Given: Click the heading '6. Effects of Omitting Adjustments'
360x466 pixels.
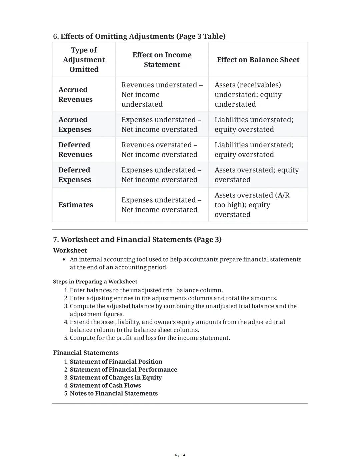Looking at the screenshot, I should pyautogui.click(x=139, y=36).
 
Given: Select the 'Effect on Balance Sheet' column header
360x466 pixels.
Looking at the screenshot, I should pyautogui.click(x=258, y=60).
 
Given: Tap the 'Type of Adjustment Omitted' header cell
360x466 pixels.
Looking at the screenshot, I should pyautogui.click(x=84, y=60).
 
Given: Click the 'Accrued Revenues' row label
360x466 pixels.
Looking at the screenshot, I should pyautogui.click(x=75, y=95).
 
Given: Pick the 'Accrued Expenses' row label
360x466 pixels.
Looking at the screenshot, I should pyautogui.click(x=75, y=125).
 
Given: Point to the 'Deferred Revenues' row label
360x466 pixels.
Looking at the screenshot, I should pyautogui.click(x=75, y=150).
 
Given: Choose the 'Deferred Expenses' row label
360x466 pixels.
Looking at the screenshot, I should pyautogui.click(x=74, y=175).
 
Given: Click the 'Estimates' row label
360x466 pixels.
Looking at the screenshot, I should pyautogui.click(x=76, y=205).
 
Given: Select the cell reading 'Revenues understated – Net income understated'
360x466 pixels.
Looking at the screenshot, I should pyautogui.click(x=162, y=95).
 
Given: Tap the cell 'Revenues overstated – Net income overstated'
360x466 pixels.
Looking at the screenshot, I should pyautogui.click(x=159, y=150).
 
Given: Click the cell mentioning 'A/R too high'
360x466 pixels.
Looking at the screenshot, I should pyautogui.click(x=258, y=205).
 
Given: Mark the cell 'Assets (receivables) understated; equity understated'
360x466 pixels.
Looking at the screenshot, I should pyautogui.click(x=258, y=95).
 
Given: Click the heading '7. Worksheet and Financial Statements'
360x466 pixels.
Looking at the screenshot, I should pyautogui.click(x=137, y=240).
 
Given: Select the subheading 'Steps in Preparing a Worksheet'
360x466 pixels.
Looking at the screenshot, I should pyautogui.click(x=95, y=282).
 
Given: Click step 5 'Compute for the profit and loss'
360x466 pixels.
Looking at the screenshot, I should pyautogui.click(x=150, y=338).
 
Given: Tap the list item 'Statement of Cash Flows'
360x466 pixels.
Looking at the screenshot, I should pyautogui.click(x=105, y=386).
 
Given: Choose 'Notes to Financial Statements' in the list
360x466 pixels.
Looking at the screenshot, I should pyautogui.click(x=114, y=394).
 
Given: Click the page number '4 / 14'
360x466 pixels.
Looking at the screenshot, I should pyautogui.click(x=180, y=455).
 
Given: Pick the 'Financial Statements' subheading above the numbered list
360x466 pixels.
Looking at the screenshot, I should pyautogui.click(x=86, y=353).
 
